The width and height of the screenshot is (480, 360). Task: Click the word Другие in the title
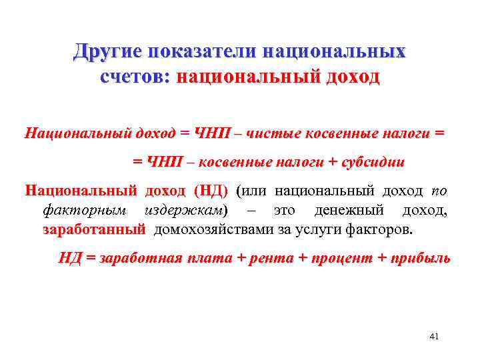point(109,51)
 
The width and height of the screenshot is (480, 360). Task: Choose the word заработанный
point(93,231)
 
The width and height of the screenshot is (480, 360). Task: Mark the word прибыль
point(417,259)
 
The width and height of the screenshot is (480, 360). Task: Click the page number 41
point(434,337)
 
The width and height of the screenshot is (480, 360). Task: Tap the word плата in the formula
point(206,259)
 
